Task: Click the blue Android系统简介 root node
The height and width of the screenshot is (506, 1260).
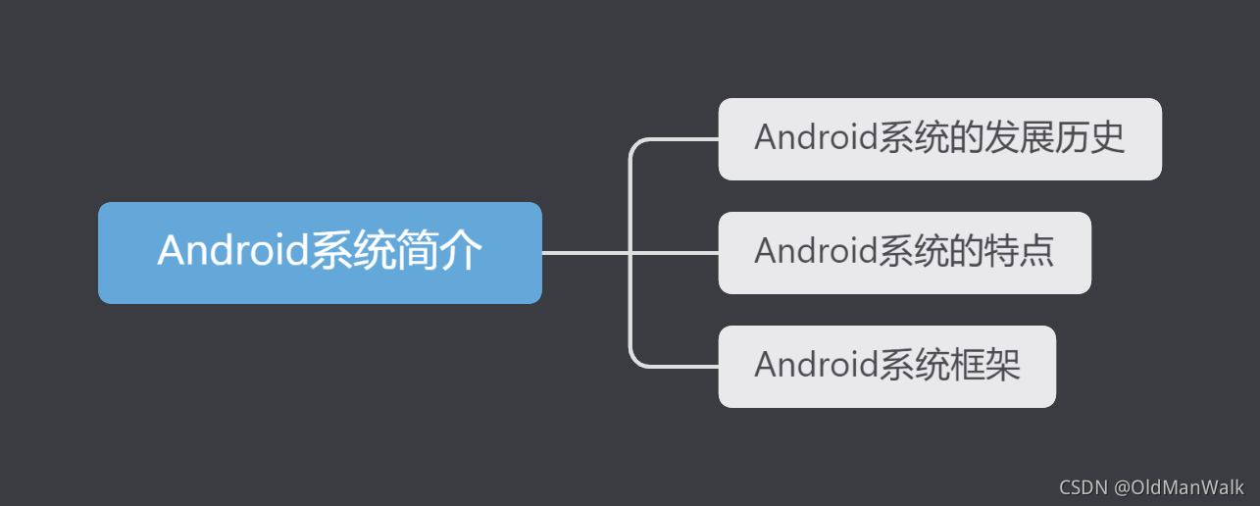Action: click(x=320, y=253)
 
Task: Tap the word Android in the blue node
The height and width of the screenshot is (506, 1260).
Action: click(x=233, y=251)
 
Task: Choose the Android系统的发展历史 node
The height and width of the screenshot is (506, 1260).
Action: click(x=939, y=139)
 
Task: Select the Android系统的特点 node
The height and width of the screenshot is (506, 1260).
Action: click(x=904, y=253)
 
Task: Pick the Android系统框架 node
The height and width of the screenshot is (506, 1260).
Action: click(x=886, y=367)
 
